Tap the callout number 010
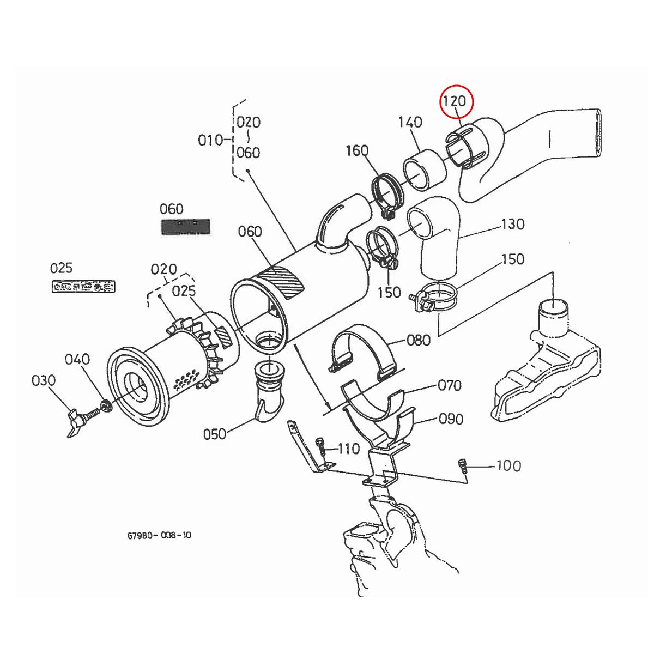pos(210,140)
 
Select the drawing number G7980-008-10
pos(159,535)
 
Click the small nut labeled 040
pos(106,406)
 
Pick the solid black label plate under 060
pos(185,227)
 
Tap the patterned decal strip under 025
pos(83,286)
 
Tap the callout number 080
pos(419,341)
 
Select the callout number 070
pos(450,386)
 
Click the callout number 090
pos(451,419)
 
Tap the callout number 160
pos(357,150)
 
